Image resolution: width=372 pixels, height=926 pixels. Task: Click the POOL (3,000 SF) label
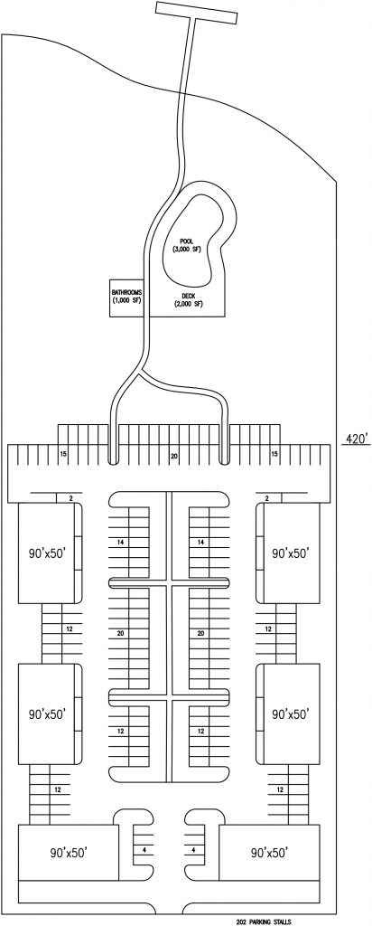coord(187,245)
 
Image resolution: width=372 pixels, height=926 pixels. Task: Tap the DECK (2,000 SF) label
coord(188,300)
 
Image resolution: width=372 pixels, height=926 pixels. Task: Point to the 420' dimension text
coord(357,439)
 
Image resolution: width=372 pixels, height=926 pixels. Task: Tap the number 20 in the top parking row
coord(174,456)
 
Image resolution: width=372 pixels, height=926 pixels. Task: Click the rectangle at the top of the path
coord(196,13)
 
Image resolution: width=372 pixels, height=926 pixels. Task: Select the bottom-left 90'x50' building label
coord(69,853)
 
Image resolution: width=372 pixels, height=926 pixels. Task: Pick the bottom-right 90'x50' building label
coord(269,853)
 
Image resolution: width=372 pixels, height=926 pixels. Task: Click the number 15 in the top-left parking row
coord(63,454)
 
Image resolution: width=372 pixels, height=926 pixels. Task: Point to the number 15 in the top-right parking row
coord(274,454)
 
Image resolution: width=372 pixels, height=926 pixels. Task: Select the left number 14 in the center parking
coord(121,542)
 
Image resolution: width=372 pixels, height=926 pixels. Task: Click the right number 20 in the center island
coord(200,634)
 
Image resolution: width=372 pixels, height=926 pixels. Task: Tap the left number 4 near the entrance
coord(144,850)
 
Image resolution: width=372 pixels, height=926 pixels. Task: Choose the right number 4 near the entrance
coord(193,850)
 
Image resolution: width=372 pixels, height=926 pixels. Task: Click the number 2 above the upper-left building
coord(70,498)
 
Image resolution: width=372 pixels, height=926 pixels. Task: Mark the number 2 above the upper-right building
coord(266,498)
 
